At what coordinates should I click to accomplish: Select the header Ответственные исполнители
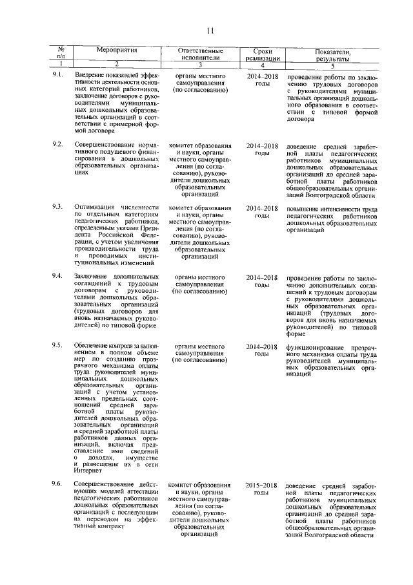coord(200,54)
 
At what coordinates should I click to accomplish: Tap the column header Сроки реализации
coord(262,54)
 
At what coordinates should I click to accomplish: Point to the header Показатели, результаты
coord(333,54)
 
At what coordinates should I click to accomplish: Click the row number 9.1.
coord(57,76)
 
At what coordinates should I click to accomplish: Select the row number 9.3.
coord(57,207)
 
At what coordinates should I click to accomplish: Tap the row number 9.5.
coord(57,346)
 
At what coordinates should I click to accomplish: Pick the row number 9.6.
coord(57,485)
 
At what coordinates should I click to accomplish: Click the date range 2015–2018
coord(262,485)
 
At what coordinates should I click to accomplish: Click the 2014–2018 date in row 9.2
coord(262,145)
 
